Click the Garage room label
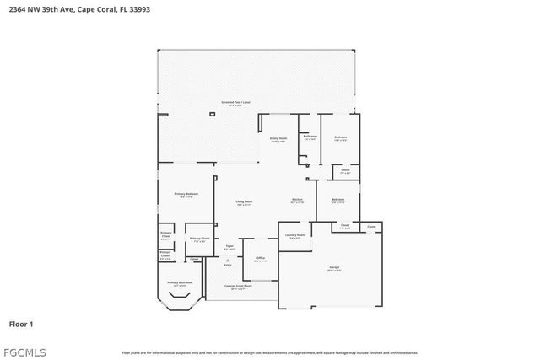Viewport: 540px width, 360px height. pos(334,269)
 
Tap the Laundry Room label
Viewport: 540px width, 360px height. pos(294,236)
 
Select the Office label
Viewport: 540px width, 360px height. pos(261,259)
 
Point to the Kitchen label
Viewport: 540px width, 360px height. pos(298,201)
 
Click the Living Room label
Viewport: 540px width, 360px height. pos(245,201)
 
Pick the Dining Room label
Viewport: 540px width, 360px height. pos(278,139)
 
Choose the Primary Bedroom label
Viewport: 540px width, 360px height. pos(186,195)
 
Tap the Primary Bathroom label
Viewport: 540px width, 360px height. pos(180,284)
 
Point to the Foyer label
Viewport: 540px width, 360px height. pos(229,247)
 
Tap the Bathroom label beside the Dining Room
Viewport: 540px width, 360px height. pos(310,137)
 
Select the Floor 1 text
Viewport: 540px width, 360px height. pos(21,323)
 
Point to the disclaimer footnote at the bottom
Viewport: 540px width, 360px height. pos(269,352)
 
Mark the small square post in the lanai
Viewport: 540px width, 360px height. pos(211,114)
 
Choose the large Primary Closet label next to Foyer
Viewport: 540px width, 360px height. pos(199,239)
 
